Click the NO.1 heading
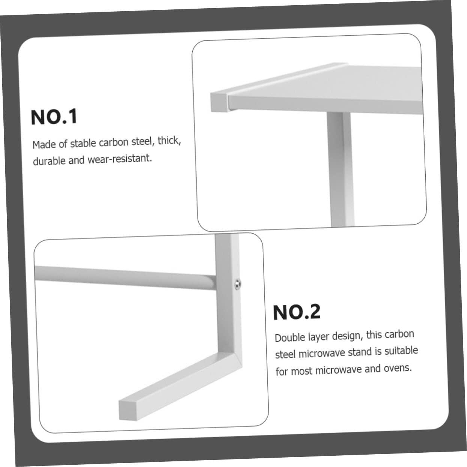tap(54, 117)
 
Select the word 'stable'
tap(83, 143)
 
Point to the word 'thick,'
tap(169, 141)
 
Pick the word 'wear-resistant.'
tap(120, 159)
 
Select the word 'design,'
tap(348, 336)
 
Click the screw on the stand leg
tap(238, 285)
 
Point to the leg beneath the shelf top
tap(340, 169)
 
